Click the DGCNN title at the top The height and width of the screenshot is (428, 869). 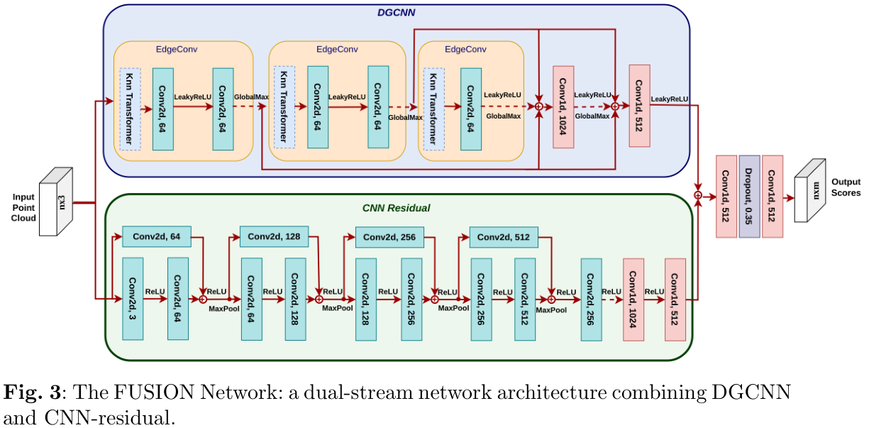coord(396,12)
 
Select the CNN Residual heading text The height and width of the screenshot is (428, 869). coord(397,209)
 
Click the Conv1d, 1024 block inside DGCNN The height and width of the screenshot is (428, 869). coord(563,107)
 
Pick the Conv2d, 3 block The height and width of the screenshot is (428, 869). coord(133,299)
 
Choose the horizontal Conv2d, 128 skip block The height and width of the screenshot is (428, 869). coord(274,236)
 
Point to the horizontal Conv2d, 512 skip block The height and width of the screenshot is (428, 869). coord(504,236)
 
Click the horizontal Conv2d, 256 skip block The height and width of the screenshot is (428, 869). coord(389,236)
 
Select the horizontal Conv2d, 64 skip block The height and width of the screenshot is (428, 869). coord(157,236)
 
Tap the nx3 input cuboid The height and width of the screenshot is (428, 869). coord(56,202)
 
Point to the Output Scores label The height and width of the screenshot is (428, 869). coord(846,187)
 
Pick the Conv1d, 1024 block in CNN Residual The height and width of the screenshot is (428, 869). coord(633,300)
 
